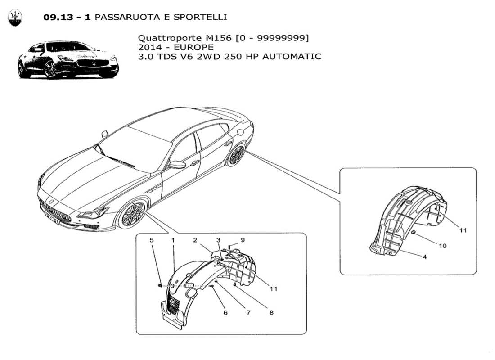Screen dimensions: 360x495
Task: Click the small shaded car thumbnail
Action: click(x=67, y=59)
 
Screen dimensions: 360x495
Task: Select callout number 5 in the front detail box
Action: click(x=152, y=240)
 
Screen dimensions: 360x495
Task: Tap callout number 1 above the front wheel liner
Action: click(x=173, y=240)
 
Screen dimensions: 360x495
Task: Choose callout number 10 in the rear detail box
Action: click(x=443, y=246)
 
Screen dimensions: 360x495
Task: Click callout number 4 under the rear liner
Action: click(x=425, y=257)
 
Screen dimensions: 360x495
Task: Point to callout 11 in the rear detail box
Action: click(x=463, y=230)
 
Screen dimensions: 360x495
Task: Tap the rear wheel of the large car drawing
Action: click(x=236, y=155)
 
